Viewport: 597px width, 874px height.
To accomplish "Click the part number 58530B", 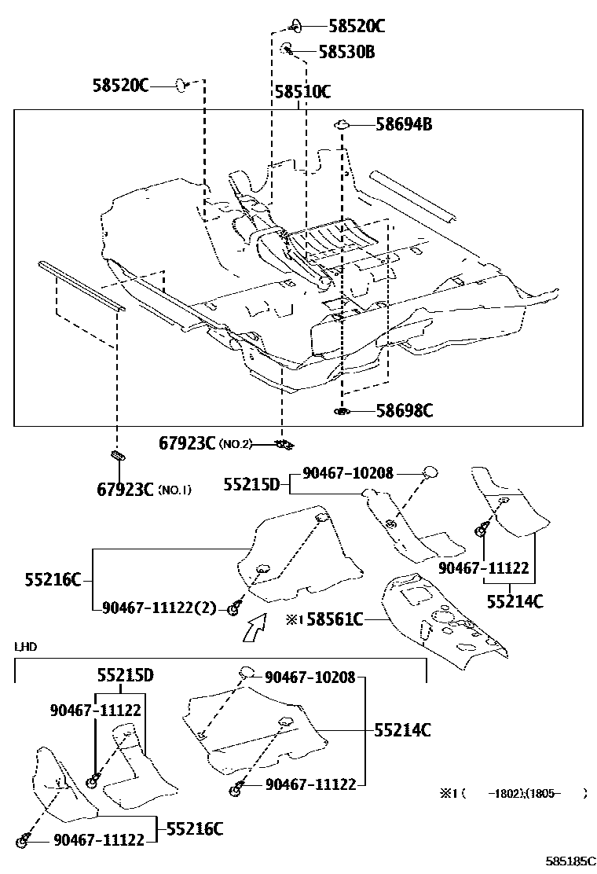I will point(346,52).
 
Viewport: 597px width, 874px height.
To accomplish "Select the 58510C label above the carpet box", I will point(302,92).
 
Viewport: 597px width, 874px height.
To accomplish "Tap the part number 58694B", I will point(403,124).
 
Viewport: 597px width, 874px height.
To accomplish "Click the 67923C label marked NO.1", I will point(125,489).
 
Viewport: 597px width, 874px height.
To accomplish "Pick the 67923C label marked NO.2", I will point(188,443).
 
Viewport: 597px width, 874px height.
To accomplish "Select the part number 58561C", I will point(335,620).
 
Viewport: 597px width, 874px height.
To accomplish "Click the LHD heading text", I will point(25,647).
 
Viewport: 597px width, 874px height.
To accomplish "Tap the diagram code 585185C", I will point(571,861).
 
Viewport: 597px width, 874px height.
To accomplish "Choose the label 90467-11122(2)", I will point(158,608).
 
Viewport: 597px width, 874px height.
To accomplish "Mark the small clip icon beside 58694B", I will point(342,123).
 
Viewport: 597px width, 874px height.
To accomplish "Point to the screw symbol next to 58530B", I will point(288,50).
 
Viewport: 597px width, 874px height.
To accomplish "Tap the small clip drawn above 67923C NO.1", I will point(116,455).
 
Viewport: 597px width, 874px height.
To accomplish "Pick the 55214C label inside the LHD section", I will point(401,730).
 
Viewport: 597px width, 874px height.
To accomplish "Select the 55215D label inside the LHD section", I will point(125,674).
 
